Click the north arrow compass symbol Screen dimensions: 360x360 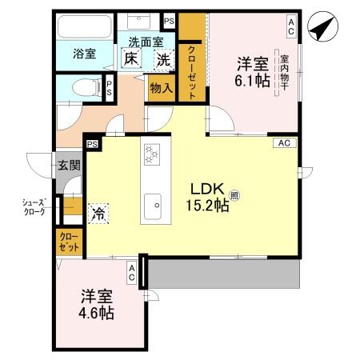click(x=322, y=26)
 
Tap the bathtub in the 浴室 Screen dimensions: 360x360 click(x=85, y=26)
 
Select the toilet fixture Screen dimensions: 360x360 click(x=86, y=88)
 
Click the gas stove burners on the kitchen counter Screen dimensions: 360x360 click(x=152, y=154)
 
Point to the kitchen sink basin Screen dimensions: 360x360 click(x=153, y=206)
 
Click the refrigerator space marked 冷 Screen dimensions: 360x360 click(x=98, y=214)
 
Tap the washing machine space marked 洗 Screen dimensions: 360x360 click(x=164, y=60)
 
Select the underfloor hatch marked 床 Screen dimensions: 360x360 click(x=131, y=58)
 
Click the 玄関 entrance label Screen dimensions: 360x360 click(x=70, y=166)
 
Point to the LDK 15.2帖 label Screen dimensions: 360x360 click(x=207, y=198)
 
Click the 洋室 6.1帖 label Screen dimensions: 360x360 click(x=253, y=73)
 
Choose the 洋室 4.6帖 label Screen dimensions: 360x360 click(x=96, y=305)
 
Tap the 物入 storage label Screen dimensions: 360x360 click(x=162, y=88)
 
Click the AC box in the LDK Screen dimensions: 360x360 click(x=285, y=143)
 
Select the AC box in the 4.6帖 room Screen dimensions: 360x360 click(x=132, y=273)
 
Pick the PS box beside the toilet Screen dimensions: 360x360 click(x=109, y=88)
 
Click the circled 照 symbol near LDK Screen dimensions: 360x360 click(x=234, y=195)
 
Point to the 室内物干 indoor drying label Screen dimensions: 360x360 click(x=285, y=73)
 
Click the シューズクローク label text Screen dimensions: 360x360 click(x=34, y=207)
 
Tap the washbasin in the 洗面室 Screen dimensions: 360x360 click(x=138, y=22)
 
